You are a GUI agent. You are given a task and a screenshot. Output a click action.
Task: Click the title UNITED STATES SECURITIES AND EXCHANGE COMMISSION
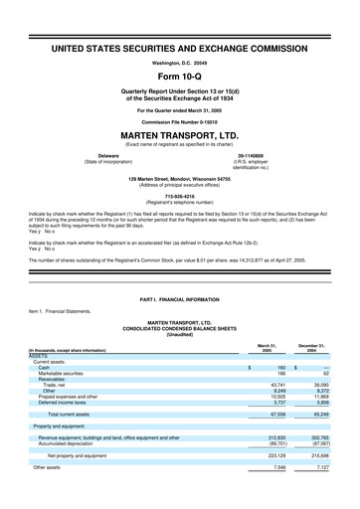click(180, 47)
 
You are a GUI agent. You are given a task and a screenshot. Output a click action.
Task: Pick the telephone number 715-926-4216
click(180, 197)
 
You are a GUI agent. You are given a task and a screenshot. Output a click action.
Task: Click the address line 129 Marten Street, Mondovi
click(180, 180)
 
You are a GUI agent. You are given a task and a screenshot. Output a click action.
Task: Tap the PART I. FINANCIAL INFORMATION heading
click(180, 300)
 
